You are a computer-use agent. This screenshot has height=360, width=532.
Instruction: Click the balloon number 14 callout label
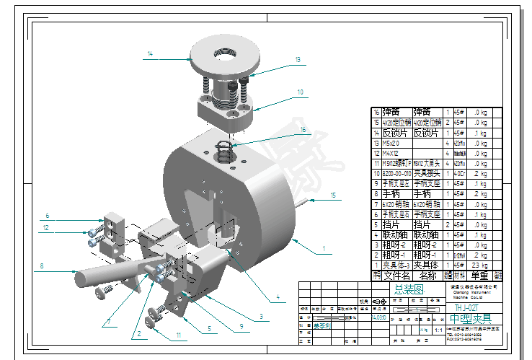[150, 53]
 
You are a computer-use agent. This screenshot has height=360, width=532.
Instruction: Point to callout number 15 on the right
[333, 196]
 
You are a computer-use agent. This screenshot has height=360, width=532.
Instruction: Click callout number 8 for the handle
[42, 267]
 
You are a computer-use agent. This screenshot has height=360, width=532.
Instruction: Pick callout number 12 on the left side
[45, 228]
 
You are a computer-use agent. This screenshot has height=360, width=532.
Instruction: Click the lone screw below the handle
[107, 291]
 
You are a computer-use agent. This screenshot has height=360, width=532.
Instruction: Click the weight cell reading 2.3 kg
[479, 265]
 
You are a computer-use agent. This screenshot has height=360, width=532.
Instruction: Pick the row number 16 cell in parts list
[376, 113]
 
